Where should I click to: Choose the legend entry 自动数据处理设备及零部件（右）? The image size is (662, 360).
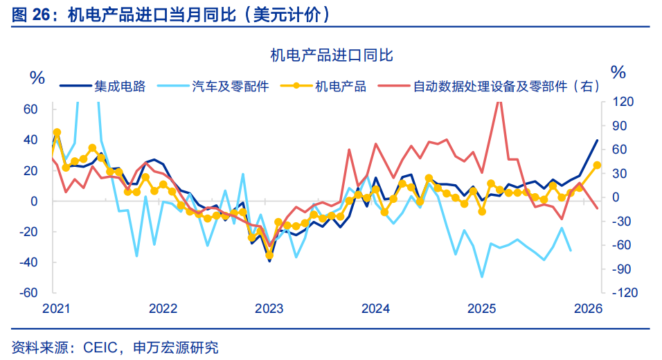coord(506,87)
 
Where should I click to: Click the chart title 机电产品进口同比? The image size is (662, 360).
coord(331,55)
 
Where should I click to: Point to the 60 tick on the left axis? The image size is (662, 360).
coord(30,109)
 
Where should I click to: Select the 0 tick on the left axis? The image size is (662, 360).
coord(34,201)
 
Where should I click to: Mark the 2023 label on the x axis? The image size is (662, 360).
coord(269,308)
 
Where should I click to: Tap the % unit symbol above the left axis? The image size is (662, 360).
coord(37,76)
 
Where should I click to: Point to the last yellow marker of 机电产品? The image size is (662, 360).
coord(597,165)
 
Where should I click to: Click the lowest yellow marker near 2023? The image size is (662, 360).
coord(269,255)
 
